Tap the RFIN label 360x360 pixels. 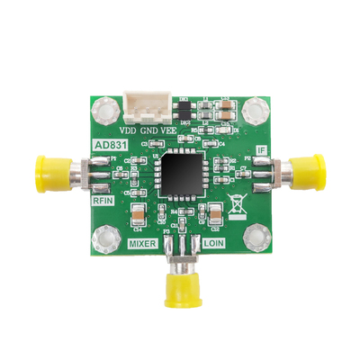point(106,202)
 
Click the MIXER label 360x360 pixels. point(144,244)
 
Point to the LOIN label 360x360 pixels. point(214,244)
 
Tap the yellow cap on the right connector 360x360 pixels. point(309,169)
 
